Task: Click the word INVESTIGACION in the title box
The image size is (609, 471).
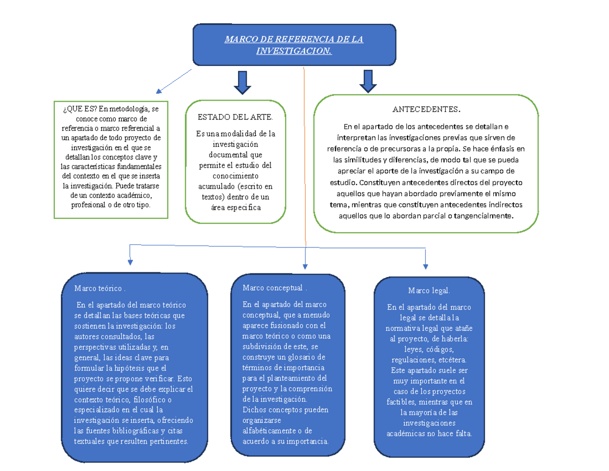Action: tap(294, 51)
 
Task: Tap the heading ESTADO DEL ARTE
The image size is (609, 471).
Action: tap(235, 117)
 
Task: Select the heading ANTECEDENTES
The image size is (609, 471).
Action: tap(426, 109)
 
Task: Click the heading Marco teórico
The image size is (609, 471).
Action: tap(99, 289)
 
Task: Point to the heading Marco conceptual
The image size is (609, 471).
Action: tap(275, 288)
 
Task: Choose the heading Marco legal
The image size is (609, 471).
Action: tap(429, 291)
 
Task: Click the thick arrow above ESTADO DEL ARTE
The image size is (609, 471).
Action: tap(243, 83)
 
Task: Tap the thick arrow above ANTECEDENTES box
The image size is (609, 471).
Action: tap(368, 81)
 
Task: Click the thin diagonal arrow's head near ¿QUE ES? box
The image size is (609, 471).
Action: tap(159, 91)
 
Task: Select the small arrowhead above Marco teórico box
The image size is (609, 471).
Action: tap(130, 262)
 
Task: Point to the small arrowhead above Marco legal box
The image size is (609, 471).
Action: tap(425, 267)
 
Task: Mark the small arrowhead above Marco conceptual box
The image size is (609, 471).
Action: tap(305, 267)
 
